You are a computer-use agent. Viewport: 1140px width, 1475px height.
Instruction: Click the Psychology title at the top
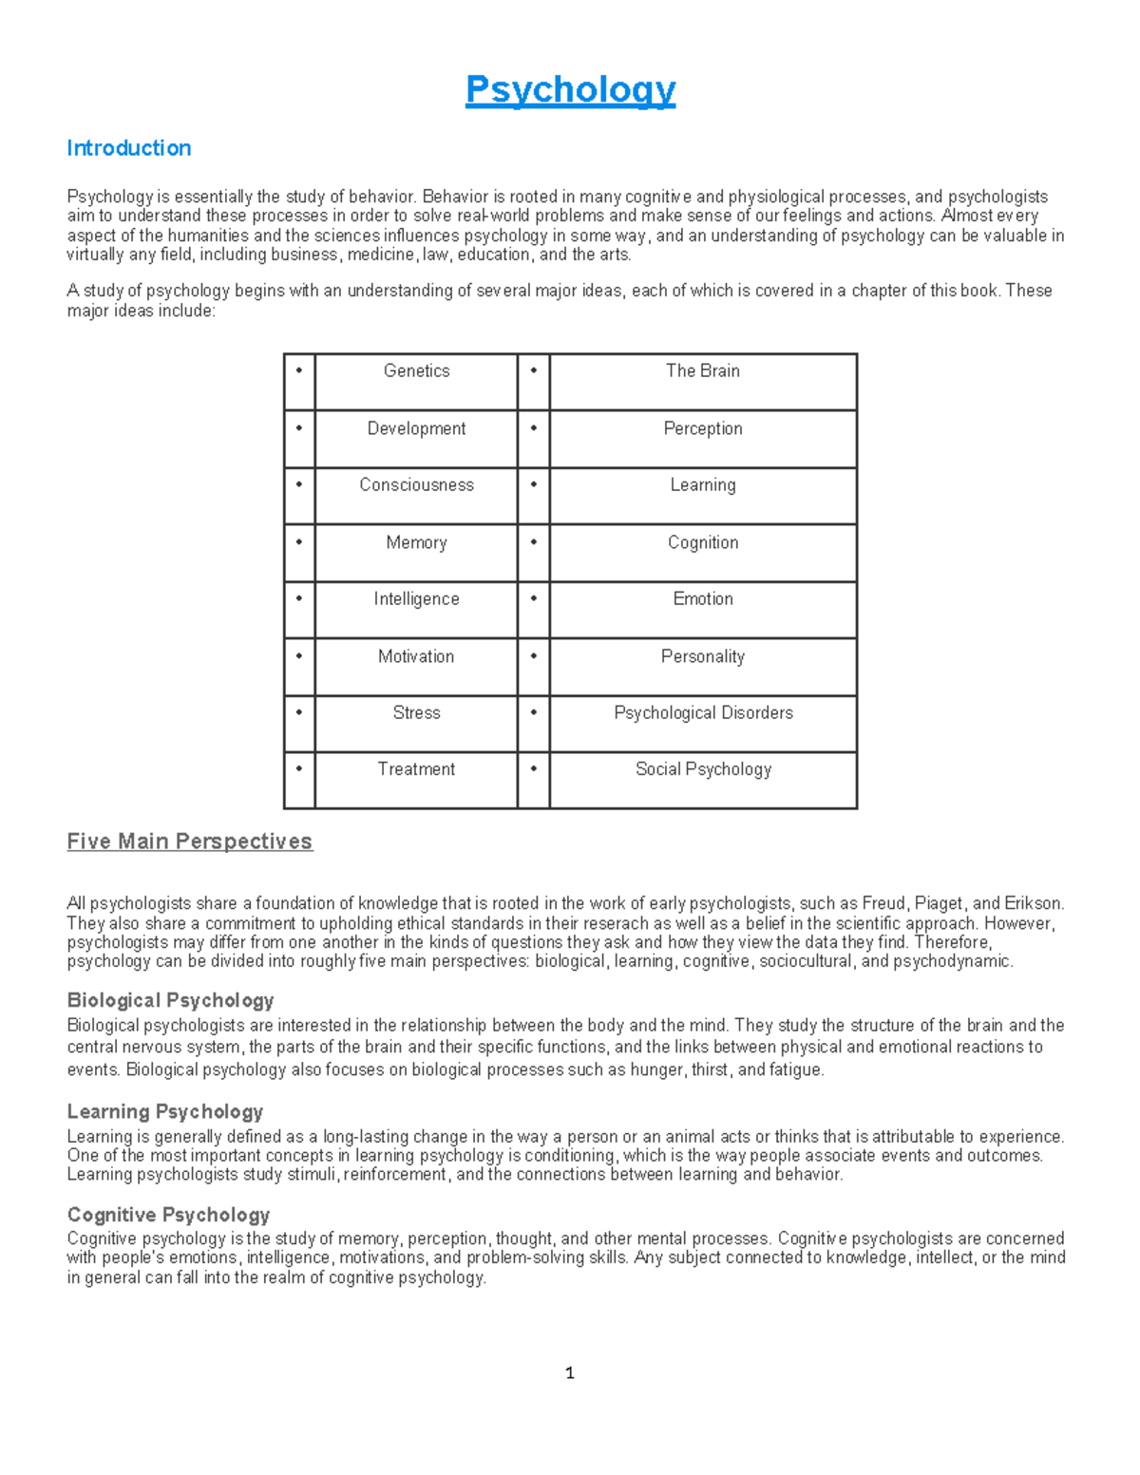coord(570,90)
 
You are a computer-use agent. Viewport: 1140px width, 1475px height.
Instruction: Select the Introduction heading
coord(128,148)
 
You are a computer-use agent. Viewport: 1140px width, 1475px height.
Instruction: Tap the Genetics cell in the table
coord(416,371)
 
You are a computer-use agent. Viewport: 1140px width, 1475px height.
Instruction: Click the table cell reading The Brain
coord(702,371)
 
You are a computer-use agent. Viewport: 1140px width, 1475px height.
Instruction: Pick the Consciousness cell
coord(416,485)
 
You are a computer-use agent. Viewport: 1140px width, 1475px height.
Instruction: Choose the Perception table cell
coord(702,428)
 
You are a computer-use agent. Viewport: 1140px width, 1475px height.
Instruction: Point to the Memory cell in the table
coord(416,542)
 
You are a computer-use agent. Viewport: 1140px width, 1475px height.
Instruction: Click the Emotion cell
coord(702,599)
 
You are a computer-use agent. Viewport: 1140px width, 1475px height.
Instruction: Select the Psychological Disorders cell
coord(702,713)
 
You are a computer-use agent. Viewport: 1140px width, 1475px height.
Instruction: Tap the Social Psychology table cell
coord(702,769)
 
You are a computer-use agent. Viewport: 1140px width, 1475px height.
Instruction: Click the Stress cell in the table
coord(416,713)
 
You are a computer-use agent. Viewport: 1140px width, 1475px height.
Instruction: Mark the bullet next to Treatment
coord(299,768)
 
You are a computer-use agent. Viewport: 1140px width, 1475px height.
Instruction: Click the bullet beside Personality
coord(534,655)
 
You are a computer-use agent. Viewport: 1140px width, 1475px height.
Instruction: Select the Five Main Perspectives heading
coord(189,842)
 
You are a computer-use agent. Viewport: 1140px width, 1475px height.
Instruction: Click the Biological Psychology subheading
coord(170,1000)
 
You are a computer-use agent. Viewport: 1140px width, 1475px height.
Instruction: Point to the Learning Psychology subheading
coord(164,1111)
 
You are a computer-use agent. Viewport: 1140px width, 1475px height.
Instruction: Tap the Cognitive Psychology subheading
coord(168,1215)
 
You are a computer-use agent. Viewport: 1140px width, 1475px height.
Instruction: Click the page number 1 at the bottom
coord(569,1373)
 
